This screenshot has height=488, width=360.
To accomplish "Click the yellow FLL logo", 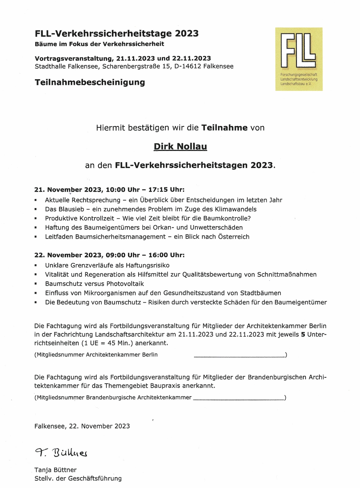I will click(x=299, y=59).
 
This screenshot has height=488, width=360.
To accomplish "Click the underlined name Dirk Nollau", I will click(x=180, y=147).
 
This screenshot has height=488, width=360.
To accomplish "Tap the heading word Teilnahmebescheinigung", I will click(x=90, y=82).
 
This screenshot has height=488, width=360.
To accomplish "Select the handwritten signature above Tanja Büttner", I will click(x=61, y=453).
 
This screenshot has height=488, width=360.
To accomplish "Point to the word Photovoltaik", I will click(x=125, y=284).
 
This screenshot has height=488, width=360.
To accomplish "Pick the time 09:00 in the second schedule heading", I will click(x=115, y=255).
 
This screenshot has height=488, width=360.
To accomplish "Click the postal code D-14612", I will click(x=188, y=66).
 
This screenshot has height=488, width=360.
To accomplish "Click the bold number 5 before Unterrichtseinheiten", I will click(x=303, y=335).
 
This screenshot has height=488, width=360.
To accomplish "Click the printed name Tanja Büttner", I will click(x=56, y=470).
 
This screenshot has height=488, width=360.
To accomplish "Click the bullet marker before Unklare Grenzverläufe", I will click(x=36, y=266).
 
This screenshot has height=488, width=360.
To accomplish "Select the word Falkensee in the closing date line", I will click(x=50, y=426).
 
